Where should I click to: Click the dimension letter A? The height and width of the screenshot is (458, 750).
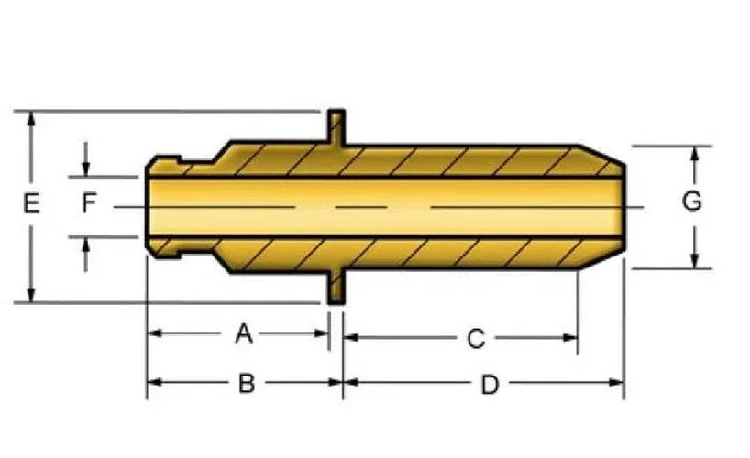click(x=244, y=333)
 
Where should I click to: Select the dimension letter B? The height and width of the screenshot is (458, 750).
click(x=247, y=384)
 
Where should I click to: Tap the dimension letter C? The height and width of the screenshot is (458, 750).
click(x=476, y=339)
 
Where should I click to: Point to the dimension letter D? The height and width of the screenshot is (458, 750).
click(x=490, y=385)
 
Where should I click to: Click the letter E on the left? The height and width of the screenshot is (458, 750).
click(x=31, y=203)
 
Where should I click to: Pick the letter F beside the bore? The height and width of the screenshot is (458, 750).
click(x=90, y=202)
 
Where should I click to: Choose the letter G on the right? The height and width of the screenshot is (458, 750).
click(x=691, y=201)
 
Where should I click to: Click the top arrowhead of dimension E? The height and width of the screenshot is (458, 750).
click(x=31, y=118)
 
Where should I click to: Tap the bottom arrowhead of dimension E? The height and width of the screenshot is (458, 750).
click(x=31, y=295)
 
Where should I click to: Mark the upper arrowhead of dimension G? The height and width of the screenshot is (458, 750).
click(x=695, y=154)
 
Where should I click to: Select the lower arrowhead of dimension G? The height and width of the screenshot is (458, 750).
click(x=695, y=261)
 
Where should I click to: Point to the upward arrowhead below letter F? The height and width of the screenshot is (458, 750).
click(x=85, y=245)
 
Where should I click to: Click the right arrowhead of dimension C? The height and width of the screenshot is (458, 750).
click(x=570, y=338)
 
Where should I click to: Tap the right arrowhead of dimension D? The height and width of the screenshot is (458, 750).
click(x=616, y=382)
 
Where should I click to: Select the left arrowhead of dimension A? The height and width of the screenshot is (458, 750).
click(x=155, y=333)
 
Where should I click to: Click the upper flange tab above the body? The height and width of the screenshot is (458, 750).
click(x=336, y=127)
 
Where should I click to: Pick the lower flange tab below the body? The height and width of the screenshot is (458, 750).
click(x=336, y=288)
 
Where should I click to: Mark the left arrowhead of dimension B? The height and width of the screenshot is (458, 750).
click(x=155, y=382)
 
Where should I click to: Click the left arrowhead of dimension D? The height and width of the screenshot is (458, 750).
click(x=351, y=382)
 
